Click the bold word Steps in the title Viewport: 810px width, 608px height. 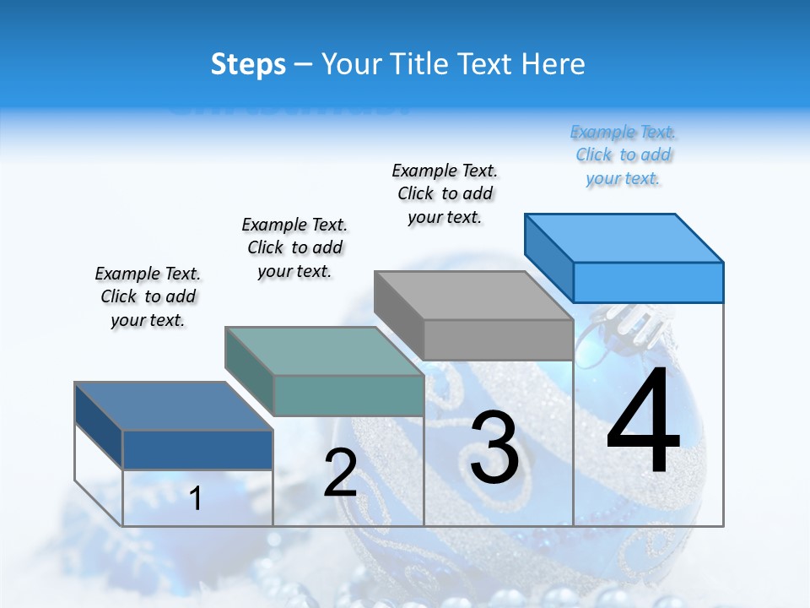248,64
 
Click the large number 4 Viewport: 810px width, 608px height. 643,422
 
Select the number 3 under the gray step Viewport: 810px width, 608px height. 494,448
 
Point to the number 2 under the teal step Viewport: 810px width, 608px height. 340,473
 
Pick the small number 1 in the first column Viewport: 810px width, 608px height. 196,499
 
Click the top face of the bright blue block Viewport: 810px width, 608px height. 624,237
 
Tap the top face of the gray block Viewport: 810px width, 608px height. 474,296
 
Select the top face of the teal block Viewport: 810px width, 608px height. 324,351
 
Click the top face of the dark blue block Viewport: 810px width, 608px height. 174,406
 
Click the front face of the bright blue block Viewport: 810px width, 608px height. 648,282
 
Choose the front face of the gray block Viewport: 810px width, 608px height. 498,339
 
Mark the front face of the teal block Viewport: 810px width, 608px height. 348,395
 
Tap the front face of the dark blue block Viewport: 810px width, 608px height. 197,449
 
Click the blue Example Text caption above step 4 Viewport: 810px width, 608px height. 624,155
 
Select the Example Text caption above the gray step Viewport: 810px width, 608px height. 445,193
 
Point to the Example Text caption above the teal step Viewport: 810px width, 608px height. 294,247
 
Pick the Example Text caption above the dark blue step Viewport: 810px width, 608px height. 148,296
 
